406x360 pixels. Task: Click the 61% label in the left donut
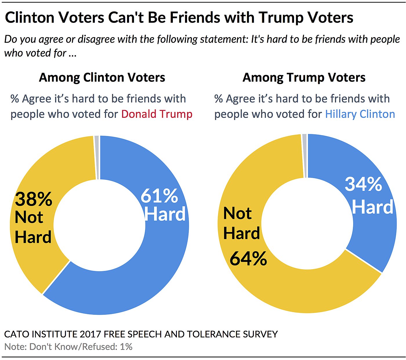159,196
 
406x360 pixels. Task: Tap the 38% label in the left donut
34,199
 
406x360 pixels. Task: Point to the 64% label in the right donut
248,258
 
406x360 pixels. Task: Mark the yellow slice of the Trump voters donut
290,290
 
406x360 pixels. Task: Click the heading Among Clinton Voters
102,77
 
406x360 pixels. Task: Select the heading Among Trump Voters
304,77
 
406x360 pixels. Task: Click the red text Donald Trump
157,114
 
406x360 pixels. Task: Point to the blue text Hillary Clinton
360,114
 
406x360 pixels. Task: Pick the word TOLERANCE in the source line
213,334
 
